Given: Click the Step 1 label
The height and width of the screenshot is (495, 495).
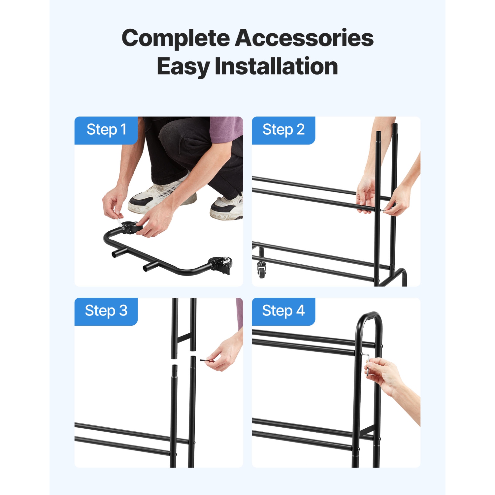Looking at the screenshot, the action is tap(106, 130).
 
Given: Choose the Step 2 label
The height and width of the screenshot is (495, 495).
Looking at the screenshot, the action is tap(283, 130).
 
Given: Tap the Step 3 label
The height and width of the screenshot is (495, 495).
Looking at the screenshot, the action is tap(106, 311).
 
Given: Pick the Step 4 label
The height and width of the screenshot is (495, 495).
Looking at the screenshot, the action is tap(283, 311).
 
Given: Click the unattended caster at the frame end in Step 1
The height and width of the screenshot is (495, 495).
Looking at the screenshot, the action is tap(219, 265).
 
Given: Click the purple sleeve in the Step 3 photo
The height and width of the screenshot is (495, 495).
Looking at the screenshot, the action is tap(240, 313).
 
